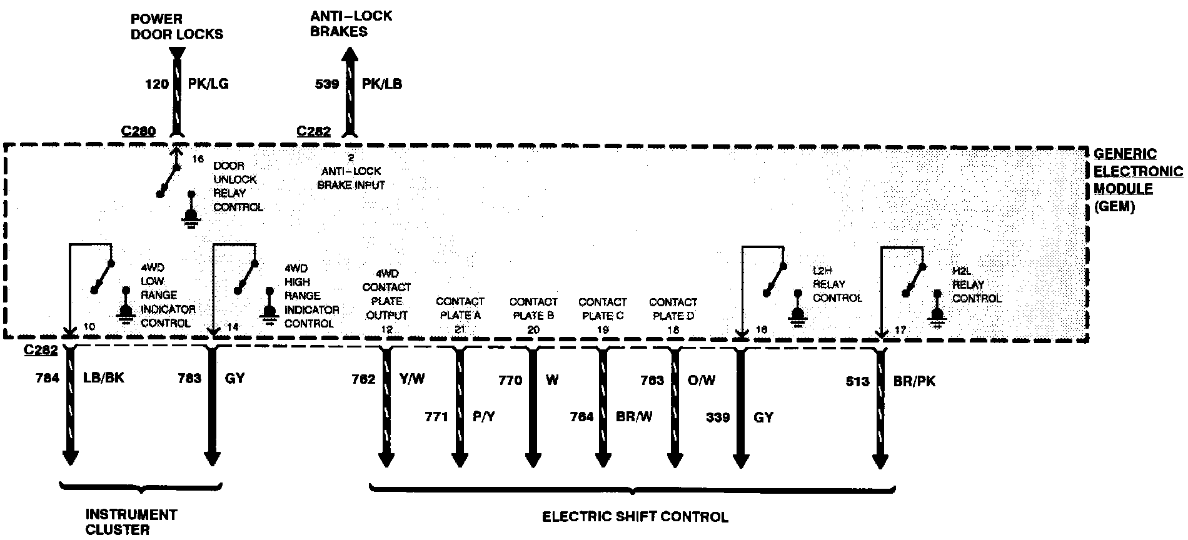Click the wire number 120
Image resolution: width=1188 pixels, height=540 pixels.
[x=156, y=84]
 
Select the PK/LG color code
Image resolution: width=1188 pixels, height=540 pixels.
[x=208, y=84]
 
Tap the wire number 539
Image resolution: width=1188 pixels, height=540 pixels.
[x=327, y=84]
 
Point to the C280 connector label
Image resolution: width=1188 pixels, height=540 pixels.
[x=139, y=131]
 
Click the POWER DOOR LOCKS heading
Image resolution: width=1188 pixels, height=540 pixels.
[x=176, y=26]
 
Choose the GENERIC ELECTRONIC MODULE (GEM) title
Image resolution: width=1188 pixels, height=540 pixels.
[x=1137, y=180]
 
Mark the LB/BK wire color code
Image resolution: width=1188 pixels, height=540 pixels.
[x=103, y=378]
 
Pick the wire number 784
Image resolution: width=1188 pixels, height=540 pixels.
[x=48, y=378]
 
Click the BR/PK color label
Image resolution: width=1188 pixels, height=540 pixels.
[x=914, y=381]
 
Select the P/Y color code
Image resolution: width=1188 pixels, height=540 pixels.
[x=483, y=417]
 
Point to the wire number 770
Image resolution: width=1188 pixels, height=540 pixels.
[x=510, y=379]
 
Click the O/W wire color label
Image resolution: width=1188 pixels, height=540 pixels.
[x=701, y=379]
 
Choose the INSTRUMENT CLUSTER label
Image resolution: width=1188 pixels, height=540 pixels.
[x=131, y=522]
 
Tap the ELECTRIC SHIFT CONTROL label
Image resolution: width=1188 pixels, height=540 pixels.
[x=635, y=517]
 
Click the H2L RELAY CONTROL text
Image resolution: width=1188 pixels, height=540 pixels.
[x=976, y=284]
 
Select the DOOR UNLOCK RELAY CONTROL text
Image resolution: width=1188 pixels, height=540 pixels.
[x=238, y=186]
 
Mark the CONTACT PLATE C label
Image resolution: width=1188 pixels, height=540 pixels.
[x=602, y=309]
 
